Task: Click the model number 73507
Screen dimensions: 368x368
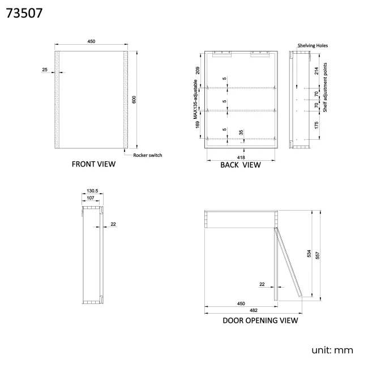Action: tap(24, 13)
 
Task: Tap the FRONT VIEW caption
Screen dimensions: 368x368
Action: tap(93, 164)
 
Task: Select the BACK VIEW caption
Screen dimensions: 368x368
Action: tap(241, 165)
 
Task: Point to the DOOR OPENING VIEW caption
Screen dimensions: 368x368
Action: tap(260, 320)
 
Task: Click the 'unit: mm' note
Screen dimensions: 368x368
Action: tap(332, 350)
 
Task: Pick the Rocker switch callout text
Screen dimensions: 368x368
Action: tap(148, 155)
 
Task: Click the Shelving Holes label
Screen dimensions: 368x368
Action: tap(313, 45)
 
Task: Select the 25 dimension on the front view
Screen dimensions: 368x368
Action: tap(45, 70)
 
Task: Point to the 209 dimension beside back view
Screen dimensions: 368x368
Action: tap(198, 70)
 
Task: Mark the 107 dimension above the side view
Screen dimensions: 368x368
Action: tap(91, 199)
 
